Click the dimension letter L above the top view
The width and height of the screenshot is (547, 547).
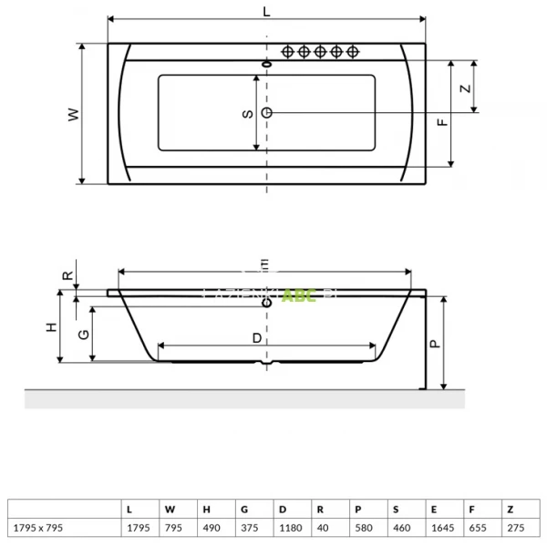pyautogui.click(x=266, y=10)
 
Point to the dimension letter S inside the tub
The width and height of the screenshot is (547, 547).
pyautogui.click(x=246, y=113)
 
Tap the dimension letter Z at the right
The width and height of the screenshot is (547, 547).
pyautogui.click(x=464, y=88)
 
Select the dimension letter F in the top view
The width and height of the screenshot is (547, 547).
pyautogui.click(x=441, y=122)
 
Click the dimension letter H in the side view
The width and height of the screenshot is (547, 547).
pyautogui.click(x=52, y=326)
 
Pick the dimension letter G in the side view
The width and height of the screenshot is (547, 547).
pyautogui.click(x=83, y=334)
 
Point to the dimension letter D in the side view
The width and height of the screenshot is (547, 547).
pyautogui.click(x=257, y=337)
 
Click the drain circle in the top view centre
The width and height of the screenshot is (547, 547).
pyautogui.click(x=266, y=111)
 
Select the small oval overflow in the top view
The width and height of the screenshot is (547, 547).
pyautogui.click(x=266, y=64)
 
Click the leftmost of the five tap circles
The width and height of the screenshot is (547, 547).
pyautogui.click(x=287, y=52)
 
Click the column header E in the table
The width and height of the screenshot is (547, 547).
pyautogui.click(x=432, y=510)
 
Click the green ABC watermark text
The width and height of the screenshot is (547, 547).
pyautogui.click(x=298, y=295)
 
